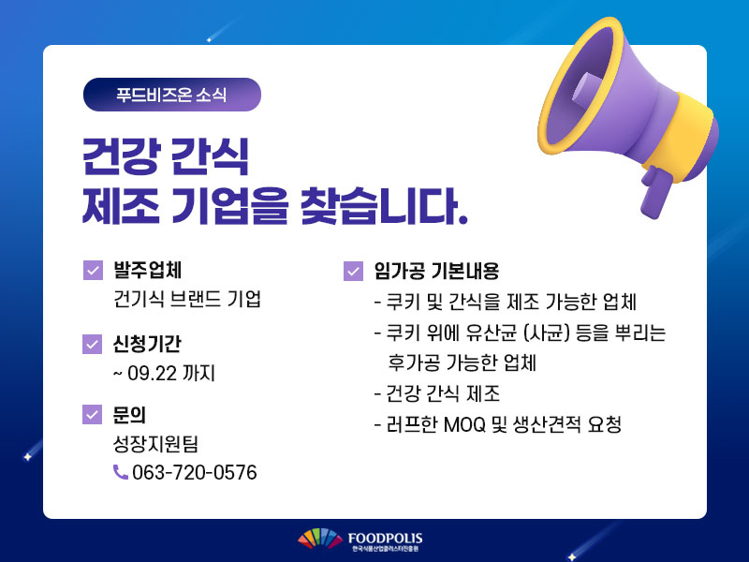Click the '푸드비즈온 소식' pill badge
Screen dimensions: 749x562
(172, 95)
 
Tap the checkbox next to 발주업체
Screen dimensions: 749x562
(93, 270)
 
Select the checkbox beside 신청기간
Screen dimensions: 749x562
(93, 344)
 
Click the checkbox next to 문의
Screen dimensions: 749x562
(93, 414)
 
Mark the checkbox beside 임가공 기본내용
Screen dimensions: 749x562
(354, 272)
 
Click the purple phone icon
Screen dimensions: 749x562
(121, 472)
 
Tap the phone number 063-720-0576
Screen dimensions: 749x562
(195, 472)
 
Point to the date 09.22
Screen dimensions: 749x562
(152, 373)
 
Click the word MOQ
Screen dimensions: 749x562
(464, 424)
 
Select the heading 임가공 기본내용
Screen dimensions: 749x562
(436, 271)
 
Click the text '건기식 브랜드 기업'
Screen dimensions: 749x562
(186, 299)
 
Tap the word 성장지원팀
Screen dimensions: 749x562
(155, 443)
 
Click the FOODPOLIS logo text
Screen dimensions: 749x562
(385, 539)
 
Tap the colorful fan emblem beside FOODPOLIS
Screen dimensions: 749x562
(320, 539)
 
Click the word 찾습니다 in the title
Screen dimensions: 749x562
(384, 206)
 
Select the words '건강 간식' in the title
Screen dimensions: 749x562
(166, 156)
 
